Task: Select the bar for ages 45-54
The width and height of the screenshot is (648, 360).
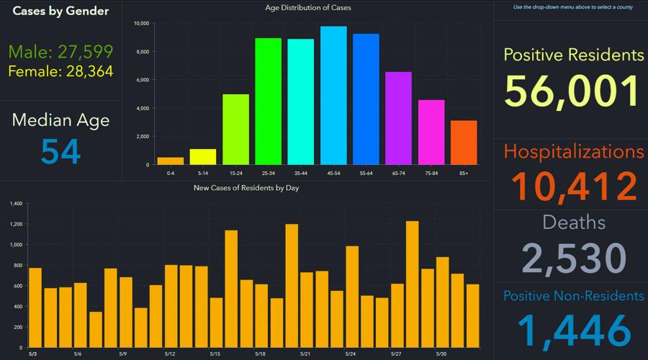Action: (x=333, y=96)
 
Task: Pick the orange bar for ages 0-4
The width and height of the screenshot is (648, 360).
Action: (x=171, y=161)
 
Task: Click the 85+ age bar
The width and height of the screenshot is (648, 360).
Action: (x=464, y=143)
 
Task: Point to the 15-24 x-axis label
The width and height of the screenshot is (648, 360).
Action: (x=235, y=174)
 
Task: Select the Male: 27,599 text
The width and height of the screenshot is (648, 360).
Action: (x=60, y=51)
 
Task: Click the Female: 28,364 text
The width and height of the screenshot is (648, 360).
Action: (x=60, y=71)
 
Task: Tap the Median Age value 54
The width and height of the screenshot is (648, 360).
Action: (x=60, y=151)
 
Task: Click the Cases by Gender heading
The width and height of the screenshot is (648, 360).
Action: (x=60, y=11)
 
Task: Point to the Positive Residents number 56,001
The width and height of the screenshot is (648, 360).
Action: (x=572, y=91)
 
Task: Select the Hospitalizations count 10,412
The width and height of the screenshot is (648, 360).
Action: (x=572, y=186)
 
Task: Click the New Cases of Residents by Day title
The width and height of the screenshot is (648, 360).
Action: (x=246, y=188)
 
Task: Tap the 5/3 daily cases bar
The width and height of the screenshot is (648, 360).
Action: (x=35, y=297)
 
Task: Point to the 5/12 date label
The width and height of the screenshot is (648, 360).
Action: (x=171, y=354)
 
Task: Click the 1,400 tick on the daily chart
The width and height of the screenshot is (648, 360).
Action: (x=15, y=204)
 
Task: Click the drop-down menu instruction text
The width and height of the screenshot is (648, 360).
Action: (x=572, y=7)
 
